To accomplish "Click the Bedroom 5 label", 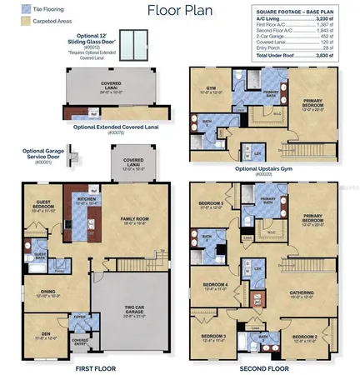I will tap(210, 204).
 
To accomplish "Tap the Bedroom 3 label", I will tap(208, 337).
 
